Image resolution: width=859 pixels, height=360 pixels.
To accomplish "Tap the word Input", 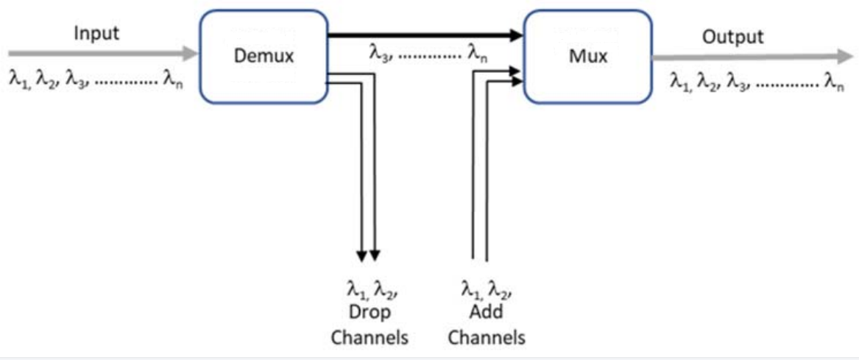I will [96, 33].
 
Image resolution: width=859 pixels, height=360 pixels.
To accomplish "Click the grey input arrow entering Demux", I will [103, 54].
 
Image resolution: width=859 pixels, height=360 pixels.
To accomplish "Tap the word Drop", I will [369, 314].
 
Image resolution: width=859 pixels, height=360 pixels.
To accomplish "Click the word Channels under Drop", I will [369, 337].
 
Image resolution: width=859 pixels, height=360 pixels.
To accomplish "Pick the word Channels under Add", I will [487, 337].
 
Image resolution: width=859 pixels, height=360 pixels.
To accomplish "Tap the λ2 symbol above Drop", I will [381, 289].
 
